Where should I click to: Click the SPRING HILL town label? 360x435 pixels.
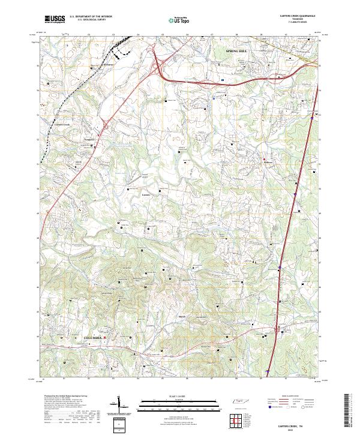click(236, 52)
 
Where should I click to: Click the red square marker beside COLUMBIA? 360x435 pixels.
click(106, 338)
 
